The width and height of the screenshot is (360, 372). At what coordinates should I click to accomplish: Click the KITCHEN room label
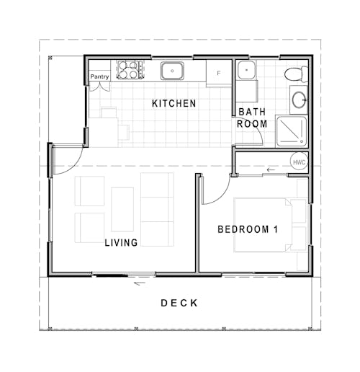[x=174, y=104]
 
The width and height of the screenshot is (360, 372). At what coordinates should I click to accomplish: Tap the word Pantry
[x=99, y=77]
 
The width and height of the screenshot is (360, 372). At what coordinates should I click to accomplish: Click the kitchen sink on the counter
[x=171, y=71]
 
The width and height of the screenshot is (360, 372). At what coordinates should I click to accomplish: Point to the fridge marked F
[x=219, y=74]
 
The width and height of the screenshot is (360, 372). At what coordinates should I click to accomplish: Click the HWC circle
[x=299, y=162]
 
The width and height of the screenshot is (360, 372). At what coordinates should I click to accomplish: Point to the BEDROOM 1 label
[x=248, y=230]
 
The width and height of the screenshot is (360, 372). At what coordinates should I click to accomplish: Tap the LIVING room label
[x=121, y=243]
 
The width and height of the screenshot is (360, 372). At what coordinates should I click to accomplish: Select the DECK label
[x=179, y=304]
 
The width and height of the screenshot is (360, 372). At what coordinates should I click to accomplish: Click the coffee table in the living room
[x=123, y=210]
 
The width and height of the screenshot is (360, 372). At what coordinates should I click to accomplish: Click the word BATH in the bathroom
[x=252, y=112]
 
